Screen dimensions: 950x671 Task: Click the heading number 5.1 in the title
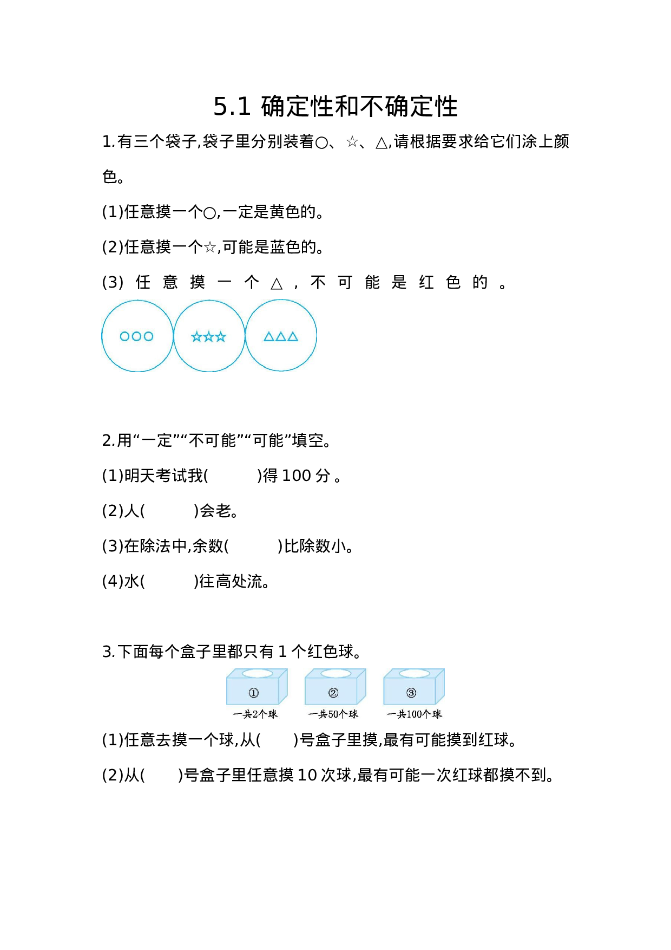(x=232, y=107)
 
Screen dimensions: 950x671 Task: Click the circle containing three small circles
(x=137, y=336)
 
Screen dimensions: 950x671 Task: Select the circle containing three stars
(x=209, y=336)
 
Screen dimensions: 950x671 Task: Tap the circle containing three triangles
(x=281, y=336)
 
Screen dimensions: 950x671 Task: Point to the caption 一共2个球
(x=255, y=714)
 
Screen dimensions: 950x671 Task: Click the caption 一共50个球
(x=333, y=714)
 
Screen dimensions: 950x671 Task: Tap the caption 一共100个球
(x=414, y=714)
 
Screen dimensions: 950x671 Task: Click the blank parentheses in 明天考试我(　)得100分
(x=233, y=476)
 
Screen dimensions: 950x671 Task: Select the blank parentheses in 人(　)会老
(x=169, y=511)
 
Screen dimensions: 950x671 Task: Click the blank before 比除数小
(x=253, y=546)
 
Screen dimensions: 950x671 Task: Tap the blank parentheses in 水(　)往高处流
(x=169, y=582)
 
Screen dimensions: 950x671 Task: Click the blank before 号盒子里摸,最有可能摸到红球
(x=277, y=740)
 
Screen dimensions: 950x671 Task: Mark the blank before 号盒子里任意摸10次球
(x=161, y=776)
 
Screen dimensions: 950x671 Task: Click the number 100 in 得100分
(x=297, y=476)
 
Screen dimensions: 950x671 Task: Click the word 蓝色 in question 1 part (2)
(x=285, y=247)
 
